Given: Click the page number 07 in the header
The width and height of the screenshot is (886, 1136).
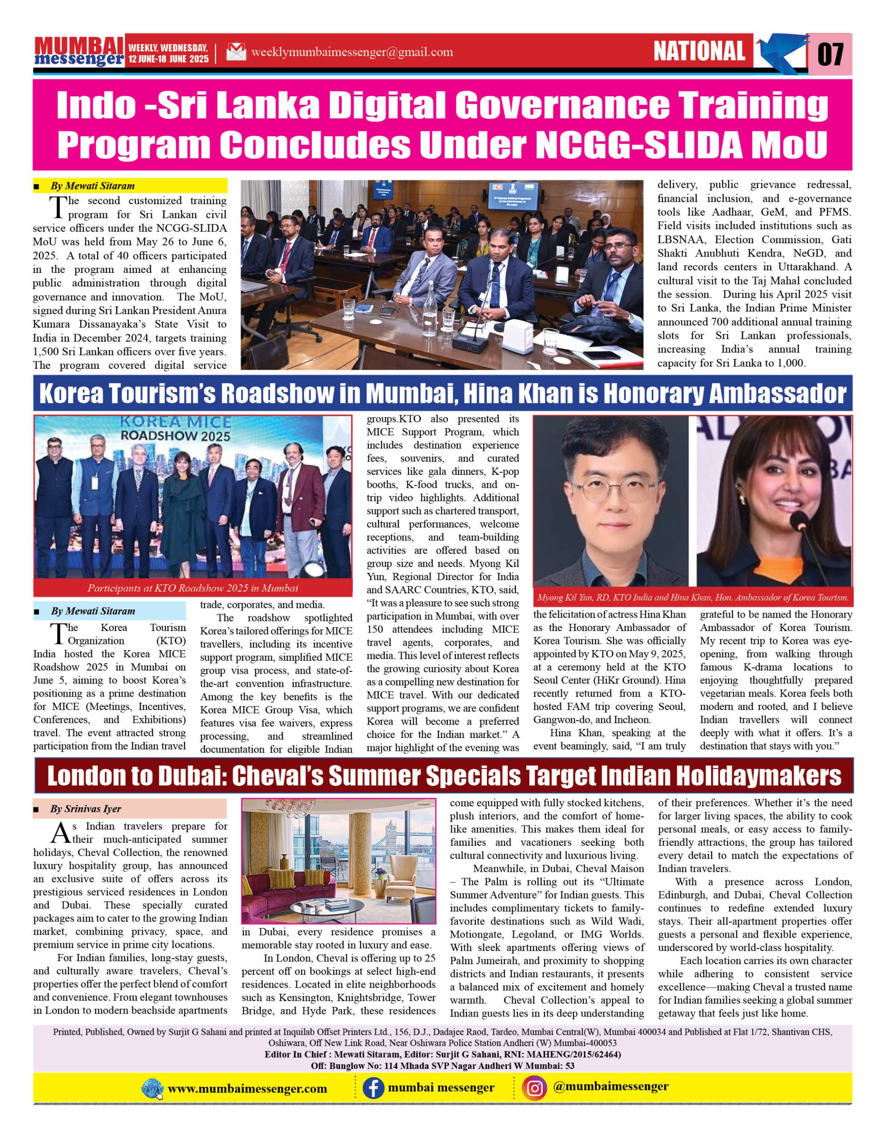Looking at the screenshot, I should tap(831, 54).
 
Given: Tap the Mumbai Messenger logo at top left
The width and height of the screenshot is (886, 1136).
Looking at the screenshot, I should tap(79, 51).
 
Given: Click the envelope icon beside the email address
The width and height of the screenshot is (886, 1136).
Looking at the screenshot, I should tap(236, 51).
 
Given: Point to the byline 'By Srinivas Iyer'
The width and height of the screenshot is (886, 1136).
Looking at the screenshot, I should tap(86, 809).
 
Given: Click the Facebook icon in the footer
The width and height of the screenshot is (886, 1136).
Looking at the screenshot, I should tap(373, 1088).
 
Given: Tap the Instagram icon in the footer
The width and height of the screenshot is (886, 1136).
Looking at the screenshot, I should tap(535, 1088).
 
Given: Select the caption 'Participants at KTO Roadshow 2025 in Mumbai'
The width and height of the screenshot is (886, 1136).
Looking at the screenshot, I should tap(193, 588).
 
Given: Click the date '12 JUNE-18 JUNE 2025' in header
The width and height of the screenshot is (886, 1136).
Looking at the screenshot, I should tap(169, 59).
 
